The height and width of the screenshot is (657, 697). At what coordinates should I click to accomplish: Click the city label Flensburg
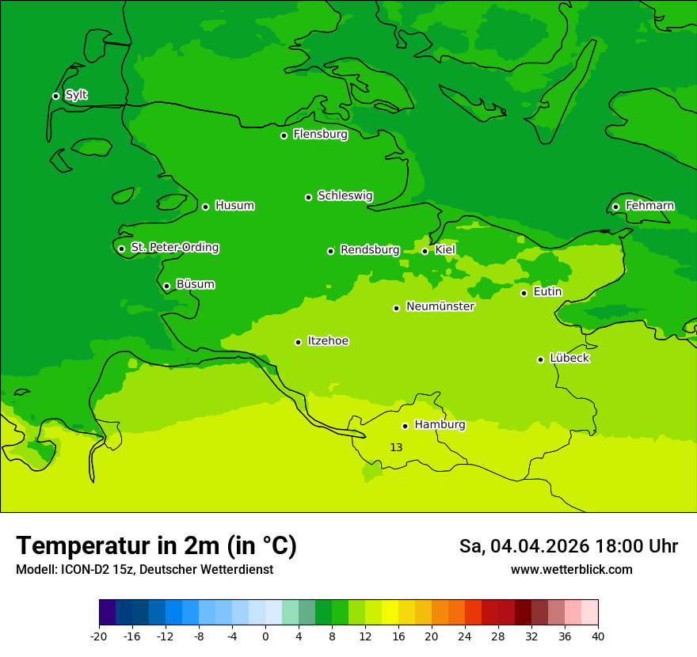(320, 135)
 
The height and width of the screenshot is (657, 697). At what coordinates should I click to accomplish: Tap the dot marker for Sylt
(55, 96)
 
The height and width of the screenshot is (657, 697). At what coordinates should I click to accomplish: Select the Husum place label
(234, 206)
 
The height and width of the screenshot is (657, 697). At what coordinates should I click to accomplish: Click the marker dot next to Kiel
(425, 251)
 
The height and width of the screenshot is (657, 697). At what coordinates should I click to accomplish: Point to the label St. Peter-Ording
(174, 248)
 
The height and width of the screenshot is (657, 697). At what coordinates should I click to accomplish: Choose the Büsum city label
(195, 284)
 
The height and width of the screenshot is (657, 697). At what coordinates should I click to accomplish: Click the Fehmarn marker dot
(615, 207)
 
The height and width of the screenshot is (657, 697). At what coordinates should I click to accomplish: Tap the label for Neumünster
(440, 306)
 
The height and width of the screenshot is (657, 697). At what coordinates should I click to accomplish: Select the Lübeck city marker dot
(540, 359)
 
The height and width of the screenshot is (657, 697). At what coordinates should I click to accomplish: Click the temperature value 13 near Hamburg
(396, 447)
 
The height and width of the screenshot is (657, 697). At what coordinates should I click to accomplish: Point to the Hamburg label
(440, 424)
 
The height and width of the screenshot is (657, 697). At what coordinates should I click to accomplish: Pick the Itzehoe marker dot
(298, 342)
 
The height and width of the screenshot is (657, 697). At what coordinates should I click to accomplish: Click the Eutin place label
(547, 292)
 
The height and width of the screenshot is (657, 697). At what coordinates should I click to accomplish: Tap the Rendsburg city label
(370, 250)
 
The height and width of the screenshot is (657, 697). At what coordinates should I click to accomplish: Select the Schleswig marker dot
(308, 197)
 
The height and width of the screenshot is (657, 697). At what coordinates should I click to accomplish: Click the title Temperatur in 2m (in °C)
(156, 545)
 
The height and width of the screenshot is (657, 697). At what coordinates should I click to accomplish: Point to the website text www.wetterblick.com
(571, 569)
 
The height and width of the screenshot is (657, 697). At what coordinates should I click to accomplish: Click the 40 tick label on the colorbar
(598, 636)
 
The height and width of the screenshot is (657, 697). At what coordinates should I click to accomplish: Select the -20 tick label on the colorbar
(99, 636)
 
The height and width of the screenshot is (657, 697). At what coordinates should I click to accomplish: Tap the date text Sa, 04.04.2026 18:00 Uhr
(568, 546)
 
